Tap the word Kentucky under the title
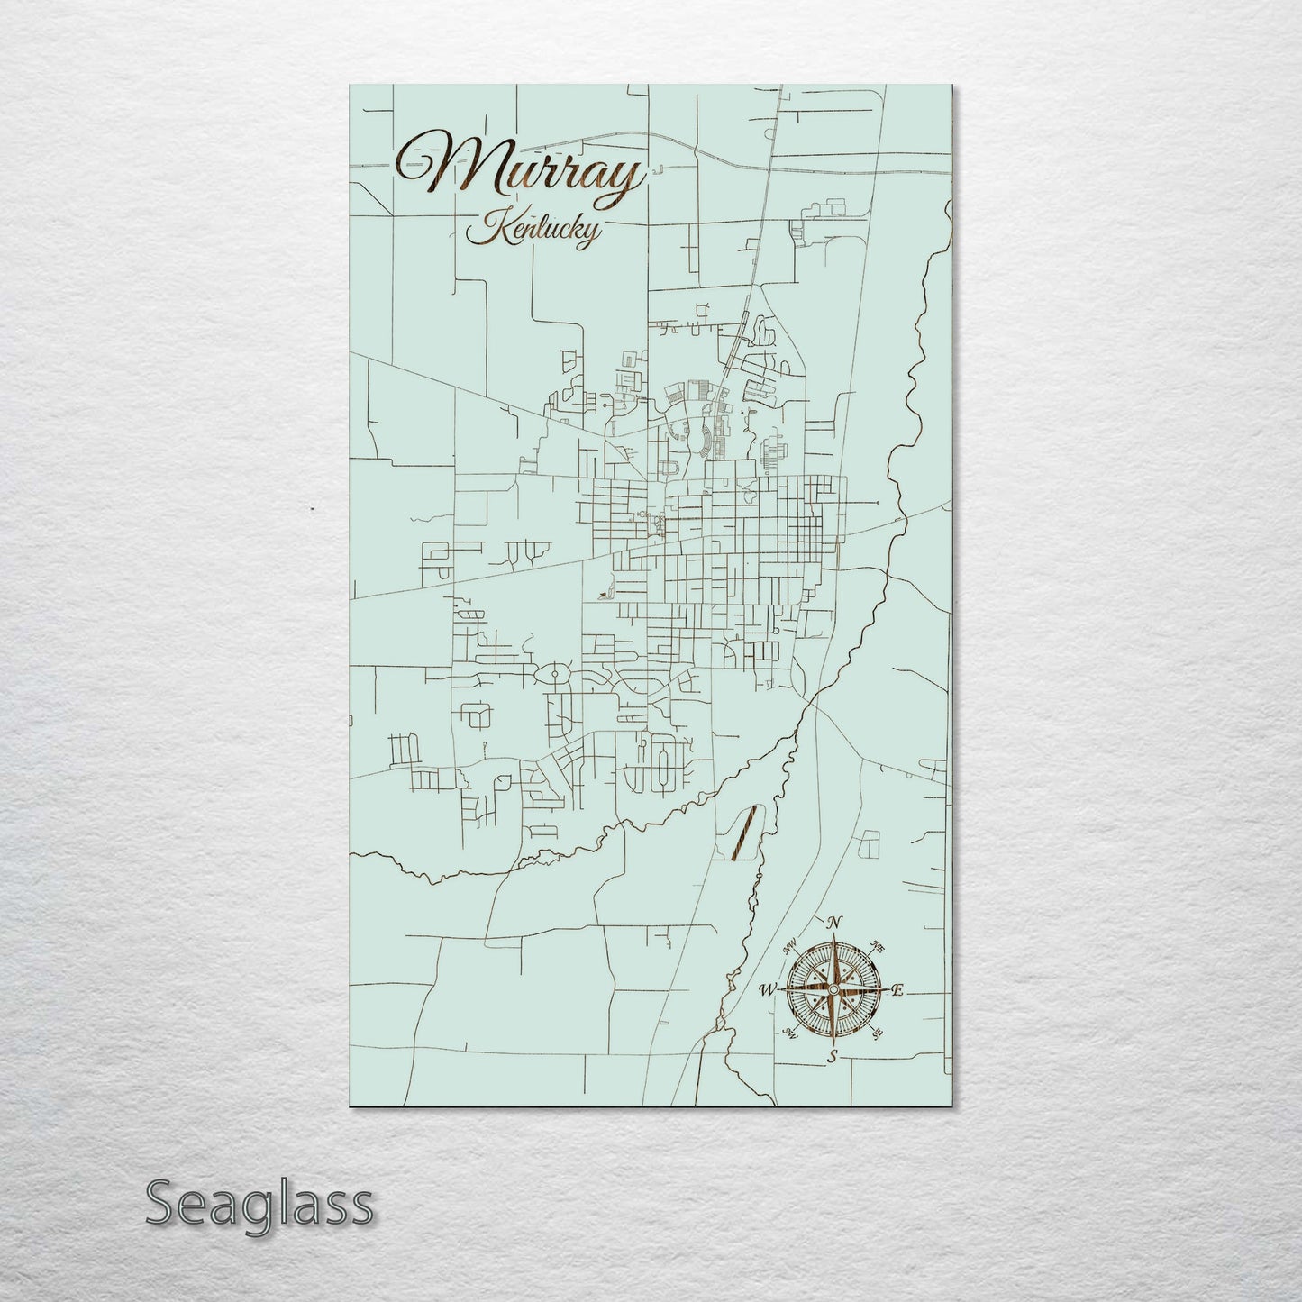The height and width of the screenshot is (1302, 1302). (532, 231)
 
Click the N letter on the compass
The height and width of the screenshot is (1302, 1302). (834, 922)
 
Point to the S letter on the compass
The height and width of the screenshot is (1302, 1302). (833, 1056)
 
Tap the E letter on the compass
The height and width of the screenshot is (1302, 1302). (897, 990)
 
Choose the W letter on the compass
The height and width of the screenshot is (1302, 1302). (768, 990)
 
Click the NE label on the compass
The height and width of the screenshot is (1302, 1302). (878, 946)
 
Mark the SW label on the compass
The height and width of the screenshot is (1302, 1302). (790, 1033)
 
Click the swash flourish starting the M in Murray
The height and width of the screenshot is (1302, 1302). (414, 162)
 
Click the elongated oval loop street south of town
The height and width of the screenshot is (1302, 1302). (666, 766)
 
